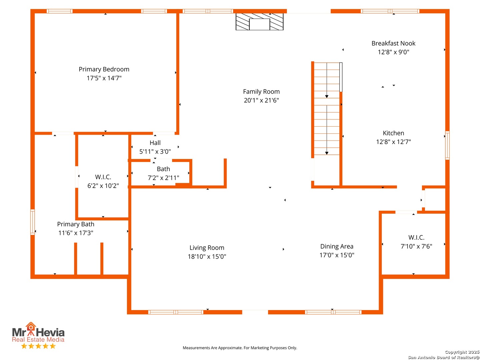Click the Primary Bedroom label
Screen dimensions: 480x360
(104, 69)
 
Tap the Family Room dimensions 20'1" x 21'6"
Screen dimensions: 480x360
(261, 100)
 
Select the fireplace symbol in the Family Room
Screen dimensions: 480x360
(259, 22)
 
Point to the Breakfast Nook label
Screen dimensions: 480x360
(393, 43)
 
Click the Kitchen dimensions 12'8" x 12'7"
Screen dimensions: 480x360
(393, 142)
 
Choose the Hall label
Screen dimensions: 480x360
(155, 143)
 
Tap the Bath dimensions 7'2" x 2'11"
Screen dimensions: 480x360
(163, 177)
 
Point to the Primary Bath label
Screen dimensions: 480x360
(76, 224)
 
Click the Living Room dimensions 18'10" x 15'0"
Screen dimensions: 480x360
(207, 256)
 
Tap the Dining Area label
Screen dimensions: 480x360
(337, 246)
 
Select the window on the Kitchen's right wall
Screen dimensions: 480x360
(447, 145)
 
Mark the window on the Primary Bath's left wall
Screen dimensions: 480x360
(32, 222)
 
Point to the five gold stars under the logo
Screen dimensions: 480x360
(38, 346)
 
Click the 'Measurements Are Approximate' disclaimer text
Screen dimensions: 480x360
(240, 348)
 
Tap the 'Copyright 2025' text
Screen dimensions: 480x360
(462, 352)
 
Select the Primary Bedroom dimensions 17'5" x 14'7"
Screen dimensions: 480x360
(104, 78)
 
